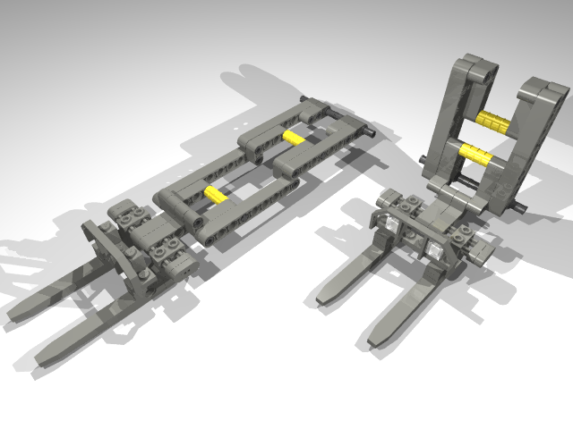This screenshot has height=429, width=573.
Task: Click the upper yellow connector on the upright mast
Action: pos(492,121)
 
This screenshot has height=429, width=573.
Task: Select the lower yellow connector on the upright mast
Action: pos(476,155)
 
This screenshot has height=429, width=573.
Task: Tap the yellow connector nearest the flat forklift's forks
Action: pos(216,193)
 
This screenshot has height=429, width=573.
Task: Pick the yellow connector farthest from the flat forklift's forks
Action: pos(294,138)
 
